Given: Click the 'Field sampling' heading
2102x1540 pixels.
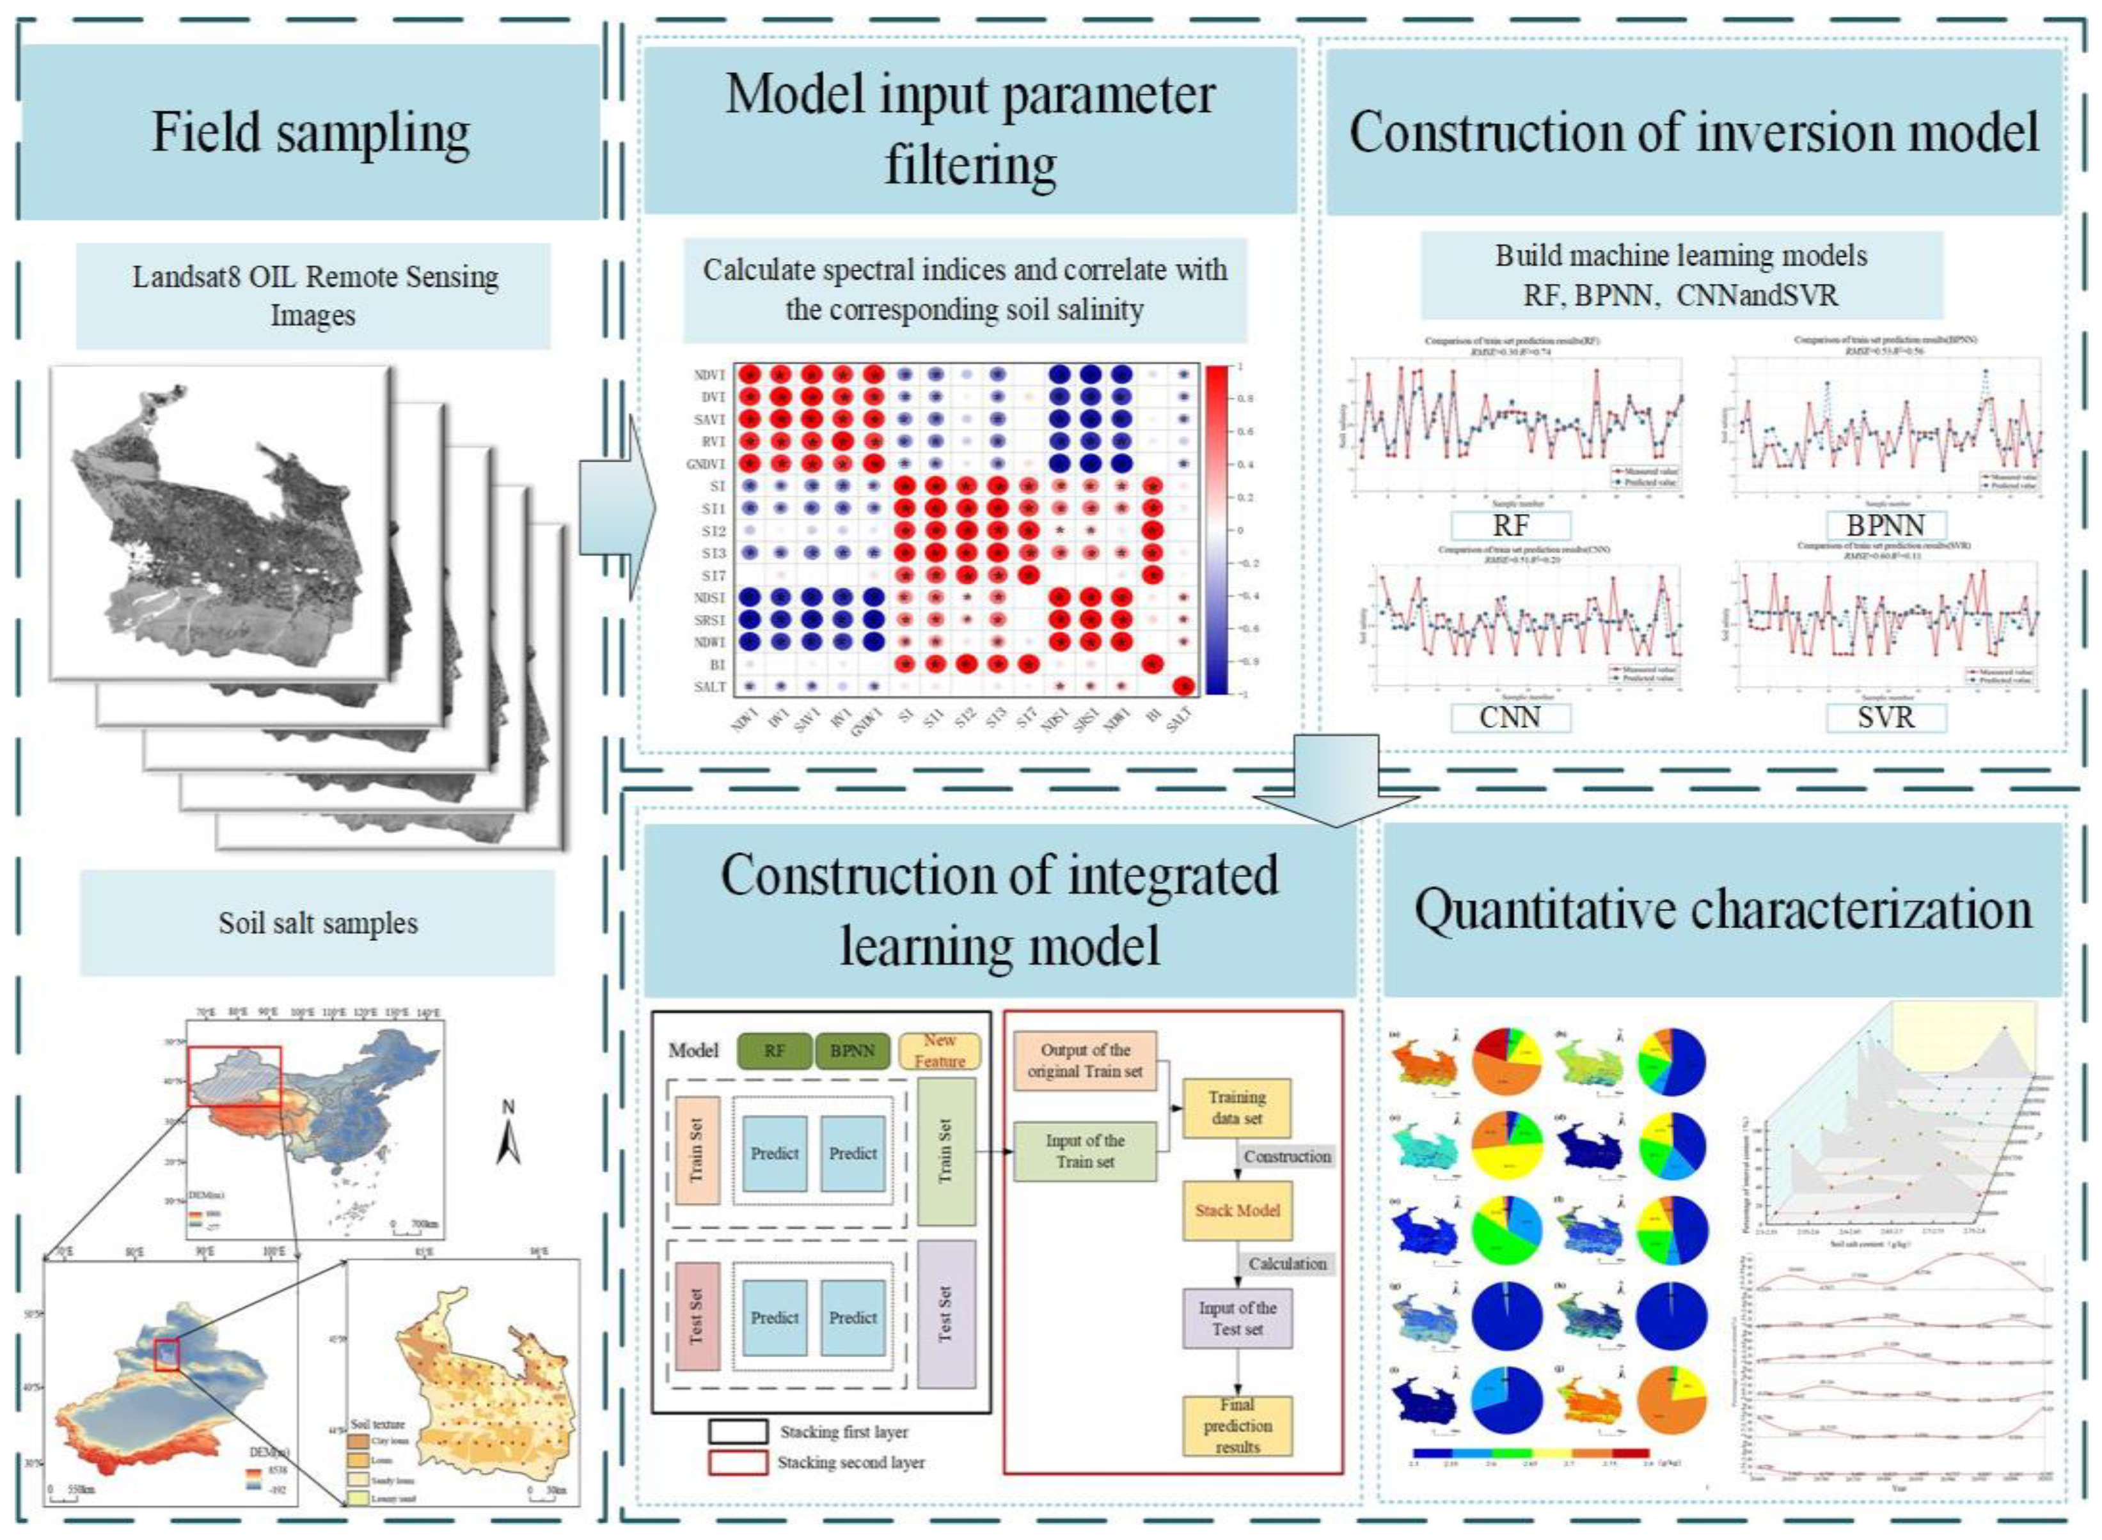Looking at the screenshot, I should pyautogui.click(x=310, y=132).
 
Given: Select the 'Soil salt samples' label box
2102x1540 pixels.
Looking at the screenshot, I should pyautogui.click(x=317, y=923).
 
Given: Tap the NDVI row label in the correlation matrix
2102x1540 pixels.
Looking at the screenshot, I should pyautogui.click(x=709, y=375).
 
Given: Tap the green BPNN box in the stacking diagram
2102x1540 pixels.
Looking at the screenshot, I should pyautogui.click(x=852, y=1050).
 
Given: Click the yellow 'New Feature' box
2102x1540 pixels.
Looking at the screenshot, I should pyautogui.click(x=939, y=1050).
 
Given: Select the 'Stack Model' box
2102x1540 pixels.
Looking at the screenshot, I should pyautogui.click(x=1238, y=1210).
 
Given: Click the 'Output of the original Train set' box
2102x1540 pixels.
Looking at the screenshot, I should pyautogui.click(x=1084, y=1061).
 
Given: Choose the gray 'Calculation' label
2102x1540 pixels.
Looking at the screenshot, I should pyautogui.click(x=1287, y=1263).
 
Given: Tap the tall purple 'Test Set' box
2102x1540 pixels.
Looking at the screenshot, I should pyautogui.click(x=945, y=1314).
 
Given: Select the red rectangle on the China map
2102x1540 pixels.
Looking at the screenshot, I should pyautogui.click(x=234, y=1076).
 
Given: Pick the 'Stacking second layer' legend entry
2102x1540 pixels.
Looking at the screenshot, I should pyautogui.click(x=817, y=1463).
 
